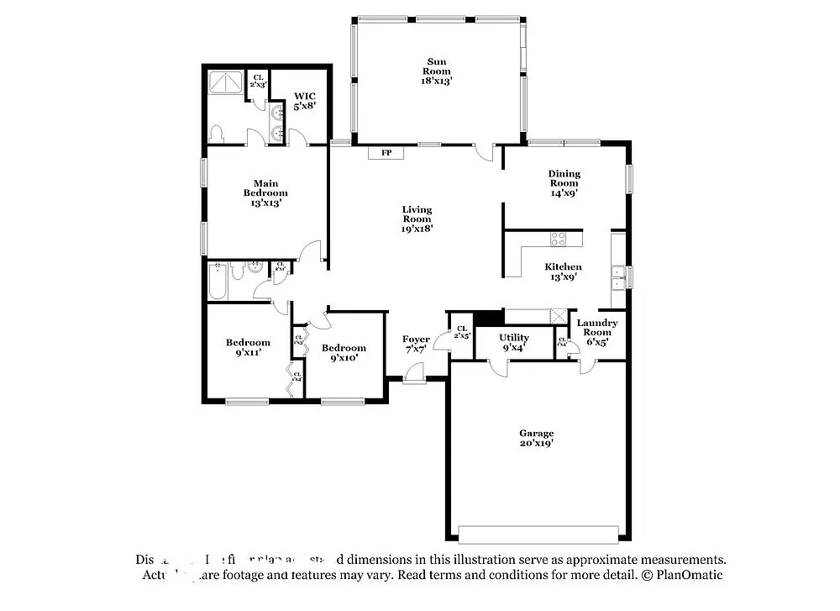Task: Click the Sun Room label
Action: (x=436, y=71)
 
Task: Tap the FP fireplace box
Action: (x=386, y=153)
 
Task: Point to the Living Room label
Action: (x=417, y=219)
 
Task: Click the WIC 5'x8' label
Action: (x=303, y=102)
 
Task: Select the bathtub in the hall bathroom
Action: (x=217, y=281)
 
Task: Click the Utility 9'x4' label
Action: (x=513, y=342)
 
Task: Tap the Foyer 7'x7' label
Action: (x=416, y=344)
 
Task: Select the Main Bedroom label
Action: (x=265, y=192)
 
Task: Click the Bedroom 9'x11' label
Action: (x=248, y=347)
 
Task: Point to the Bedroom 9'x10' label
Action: (x=344, y=353)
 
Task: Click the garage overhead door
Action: (x=538, y=535)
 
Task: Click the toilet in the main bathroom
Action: (x=217, y=134)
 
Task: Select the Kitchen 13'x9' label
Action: (x=563, y=272)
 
